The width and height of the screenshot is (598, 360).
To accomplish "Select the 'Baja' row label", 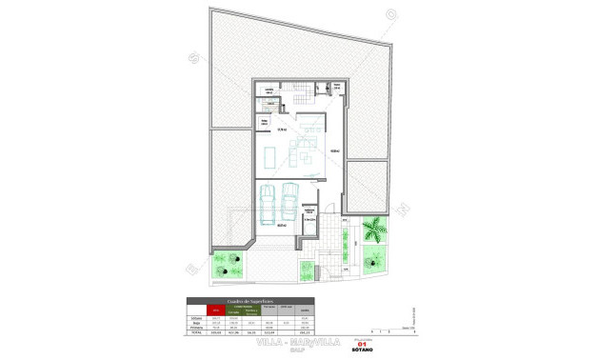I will [193, 322].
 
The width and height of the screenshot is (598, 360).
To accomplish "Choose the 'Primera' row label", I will [193, 328].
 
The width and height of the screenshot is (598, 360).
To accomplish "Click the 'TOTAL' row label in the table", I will [193, 333].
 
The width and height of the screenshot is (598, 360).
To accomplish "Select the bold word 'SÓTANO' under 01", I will [361, 350].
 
